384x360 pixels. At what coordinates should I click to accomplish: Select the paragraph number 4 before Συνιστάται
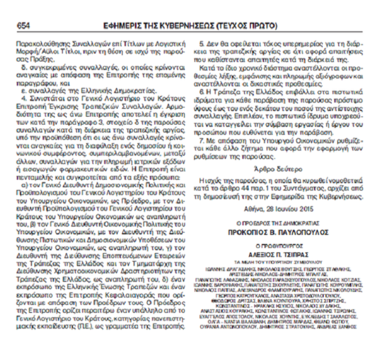pyautogui.click(x=24, y=97)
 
